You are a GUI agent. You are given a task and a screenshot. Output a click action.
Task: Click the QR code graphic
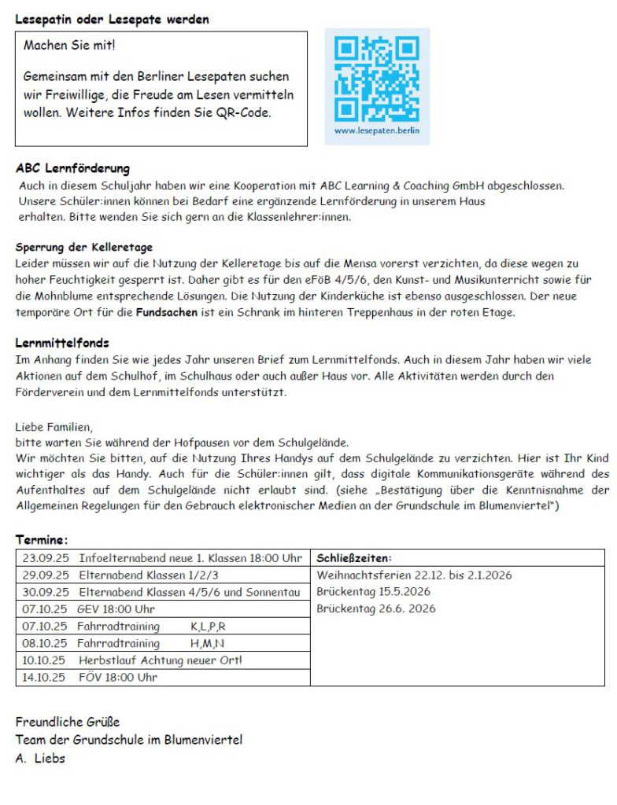point(377,78)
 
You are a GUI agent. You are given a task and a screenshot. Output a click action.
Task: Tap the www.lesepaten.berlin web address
point(377,130)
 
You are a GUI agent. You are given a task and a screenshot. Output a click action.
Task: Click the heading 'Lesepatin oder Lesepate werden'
point(113,19)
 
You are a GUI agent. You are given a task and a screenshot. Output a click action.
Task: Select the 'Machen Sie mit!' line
point(69,45)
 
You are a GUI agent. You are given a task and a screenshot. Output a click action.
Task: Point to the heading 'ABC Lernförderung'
point(72,168)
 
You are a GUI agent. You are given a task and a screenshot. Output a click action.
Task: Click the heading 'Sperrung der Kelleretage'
point(84,247)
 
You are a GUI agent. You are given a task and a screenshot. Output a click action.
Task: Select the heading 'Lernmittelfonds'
point(62,343)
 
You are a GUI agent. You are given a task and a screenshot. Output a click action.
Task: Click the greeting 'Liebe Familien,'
point(54,427)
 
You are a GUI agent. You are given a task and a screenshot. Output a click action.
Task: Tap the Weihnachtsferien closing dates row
point(414,575)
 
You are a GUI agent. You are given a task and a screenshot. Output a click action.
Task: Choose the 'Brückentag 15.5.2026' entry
point(374,592)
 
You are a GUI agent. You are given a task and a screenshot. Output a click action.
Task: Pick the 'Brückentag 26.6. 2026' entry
point(375,608)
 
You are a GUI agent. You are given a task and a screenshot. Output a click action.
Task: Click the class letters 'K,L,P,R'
point(208,627)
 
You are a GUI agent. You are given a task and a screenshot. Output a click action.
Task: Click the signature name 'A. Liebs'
point(40,759)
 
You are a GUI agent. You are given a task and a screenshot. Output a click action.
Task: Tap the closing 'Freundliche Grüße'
point(68,721)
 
